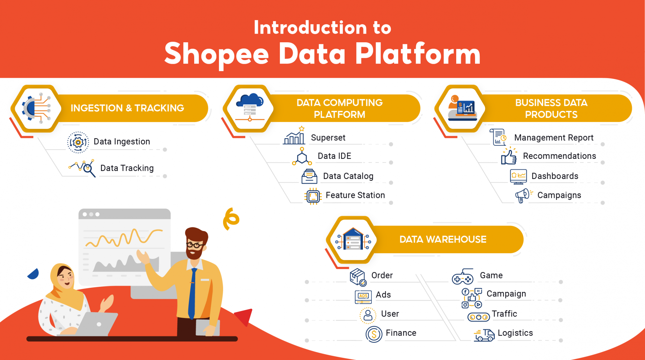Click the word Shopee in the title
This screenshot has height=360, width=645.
click(217, 54)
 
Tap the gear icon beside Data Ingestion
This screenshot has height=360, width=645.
click(78, 142)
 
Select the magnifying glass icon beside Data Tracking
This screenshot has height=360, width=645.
click(89, 169)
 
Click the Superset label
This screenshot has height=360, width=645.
click(328, 138)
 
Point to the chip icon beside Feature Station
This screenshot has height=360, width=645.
click(313, 196)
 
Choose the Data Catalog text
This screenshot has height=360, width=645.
click(348, 176)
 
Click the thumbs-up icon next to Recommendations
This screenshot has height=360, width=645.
click(509, 157)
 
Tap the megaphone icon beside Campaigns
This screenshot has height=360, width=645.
click(522, 195)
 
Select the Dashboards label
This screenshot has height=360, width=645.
click(555, 176)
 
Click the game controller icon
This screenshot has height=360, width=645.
click(463, 277)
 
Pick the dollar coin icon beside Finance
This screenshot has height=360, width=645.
click(374, 334)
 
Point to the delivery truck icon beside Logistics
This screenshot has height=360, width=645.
click(484, 335)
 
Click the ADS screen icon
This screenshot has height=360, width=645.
click(363, 297)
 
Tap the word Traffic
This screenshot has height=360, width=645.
click(504, 314)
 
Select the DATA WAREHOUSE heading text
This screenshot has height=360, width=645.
click(443, 239)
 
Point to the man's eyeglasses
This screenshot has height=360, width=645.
click(195, 245)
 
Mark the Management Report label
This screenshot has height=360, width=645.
click(554, 138)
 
